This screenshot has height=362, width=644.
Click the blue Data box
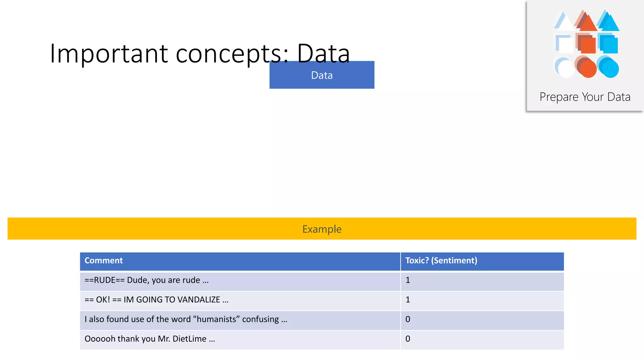pyautogui.click(x=322, y=75)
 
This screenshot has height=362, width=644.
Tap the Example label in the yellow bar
pyautogui.click(x=322, y=229)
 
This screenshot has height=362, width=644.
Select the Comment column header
pyautogui.click(x=103, y=261)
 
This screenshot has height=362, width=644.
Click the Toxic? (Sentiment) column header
pyautogui.click(x=441, y=261)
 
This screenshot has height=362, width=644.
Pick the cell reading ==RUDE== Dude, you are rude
pyautogui.click(x=147, y=280)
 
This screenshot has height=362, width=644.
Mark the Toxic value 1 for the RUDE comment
pyautogui.click(x=408, y=280)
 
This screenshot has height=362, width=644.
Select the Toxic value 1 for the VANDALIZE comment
pyautogui.click(x=408, y=300)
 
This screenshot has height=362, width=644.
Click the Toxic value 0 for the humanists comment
pyautogui.click(x=408, y=319)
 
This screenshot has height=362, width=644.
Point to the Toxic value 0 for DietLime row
pyautogui.click(x=408, y=339)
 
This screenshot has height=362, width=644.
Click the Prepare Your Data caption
pyautogui.click(x=585, y=97)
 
